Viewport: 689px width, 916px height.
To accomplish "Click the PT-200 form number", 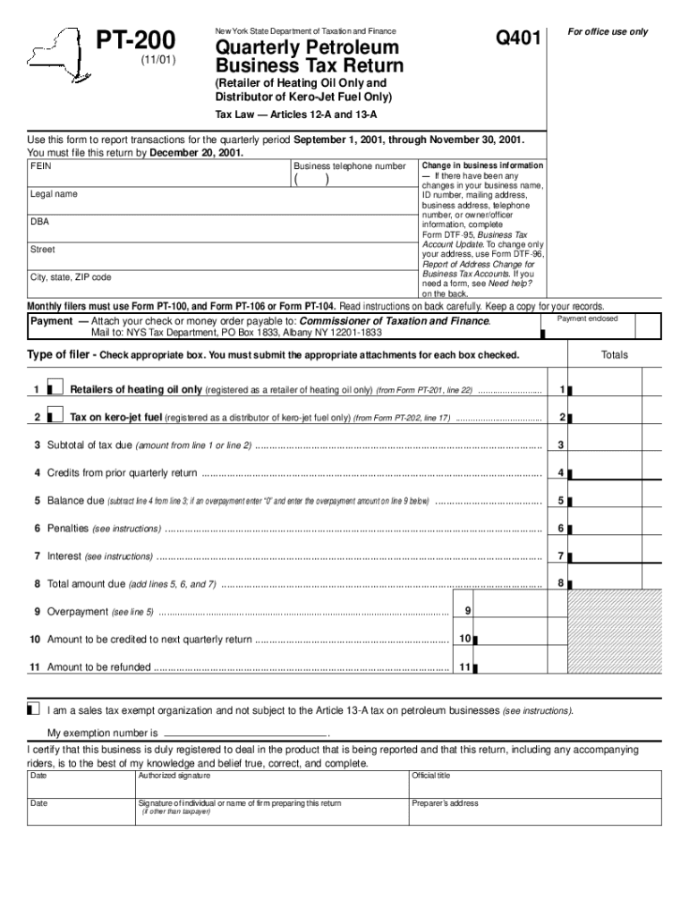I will (x=136, y=40).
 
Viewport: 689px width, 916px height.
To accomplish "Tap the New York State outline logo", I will (x=58, y=54).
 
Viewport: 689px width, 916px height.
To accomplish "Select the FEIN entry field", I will (x=158, y=176).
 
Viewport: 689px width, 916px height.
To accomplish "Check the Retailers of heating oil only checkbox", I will (x=55, y=389).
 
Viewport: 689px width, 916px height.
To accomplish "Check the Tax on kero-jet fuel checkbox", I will (x=55, y=417).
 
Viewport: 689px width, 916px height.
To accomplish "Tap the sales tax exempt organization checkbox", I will (x=34, y=709).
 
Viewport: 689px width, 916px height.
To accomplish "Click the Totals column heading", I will (x=615, y=355).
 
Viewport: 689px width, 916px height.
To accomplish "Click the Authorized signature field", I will (x=270, y=785).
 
